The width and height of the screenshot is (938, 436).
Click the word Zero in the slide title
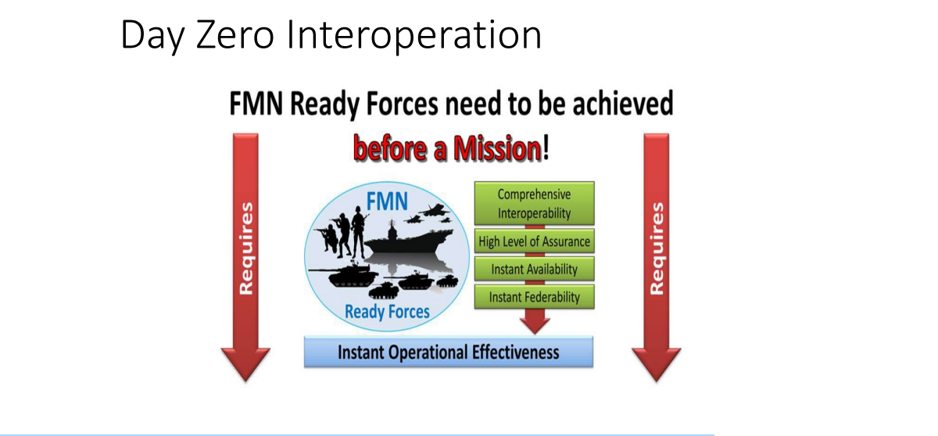tap(235, 35)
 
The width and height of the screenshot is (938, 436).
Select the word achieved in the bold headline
tap(623, 103)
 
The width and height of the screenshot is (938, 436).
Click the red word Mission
tap(497, 148)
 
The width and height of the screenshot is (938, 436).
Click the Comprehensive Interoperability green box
tap(534, 203)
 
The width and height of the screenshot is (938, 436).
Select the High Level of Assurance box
tap(534, 241)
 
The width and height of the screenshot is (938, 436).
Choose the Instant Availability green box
tap(534, 269)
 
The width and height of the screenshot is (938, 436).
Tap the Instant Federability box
tap(534, 297)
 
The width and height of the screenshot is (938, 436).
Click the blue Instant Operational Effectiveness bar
tap(449, 352)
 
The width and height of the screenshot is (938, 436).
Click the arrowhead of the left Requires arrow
tap(245, 364)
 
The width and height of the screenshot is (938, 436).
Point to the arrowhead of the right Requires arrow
tap(656, 364)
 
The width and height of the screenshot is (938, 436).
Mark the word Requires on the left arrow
tap(246, 248)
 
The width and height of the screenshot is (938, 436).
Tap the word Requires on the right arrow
tap(657, 248)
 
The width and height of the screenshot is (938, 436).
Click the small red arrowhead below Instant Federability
tap(535, 326)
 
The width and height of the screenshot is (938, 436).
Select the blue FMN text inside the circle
tap(387, 202)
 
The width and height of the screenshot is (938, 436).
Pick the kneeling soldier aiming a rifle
tap(328, 238)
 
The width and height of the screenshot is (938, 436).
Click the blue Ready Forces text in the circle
tap(387, 312)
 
